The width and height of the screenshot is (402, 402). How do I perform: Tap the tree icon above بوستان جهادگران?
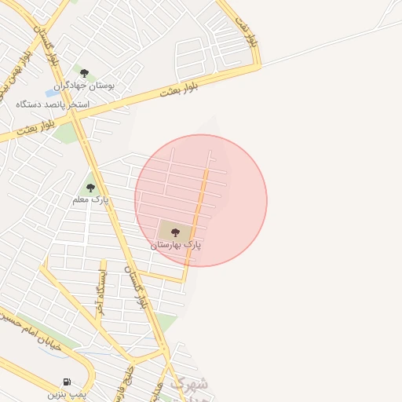[x=84, y=73]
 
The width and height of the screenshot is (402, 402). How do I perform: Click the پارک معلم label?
[x=90, y=200]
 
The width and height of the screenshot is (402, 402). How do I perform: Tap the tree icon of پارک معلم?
[x=90, y=188]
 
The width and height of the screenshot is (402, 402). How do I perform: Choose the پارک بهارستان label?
[x=176, y=246]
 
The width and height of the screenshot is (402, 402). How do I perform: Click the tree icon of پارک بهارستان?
[x=174, y=232]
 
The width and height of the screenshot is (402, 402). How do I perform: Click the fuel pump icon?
[x=66, y=382]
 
